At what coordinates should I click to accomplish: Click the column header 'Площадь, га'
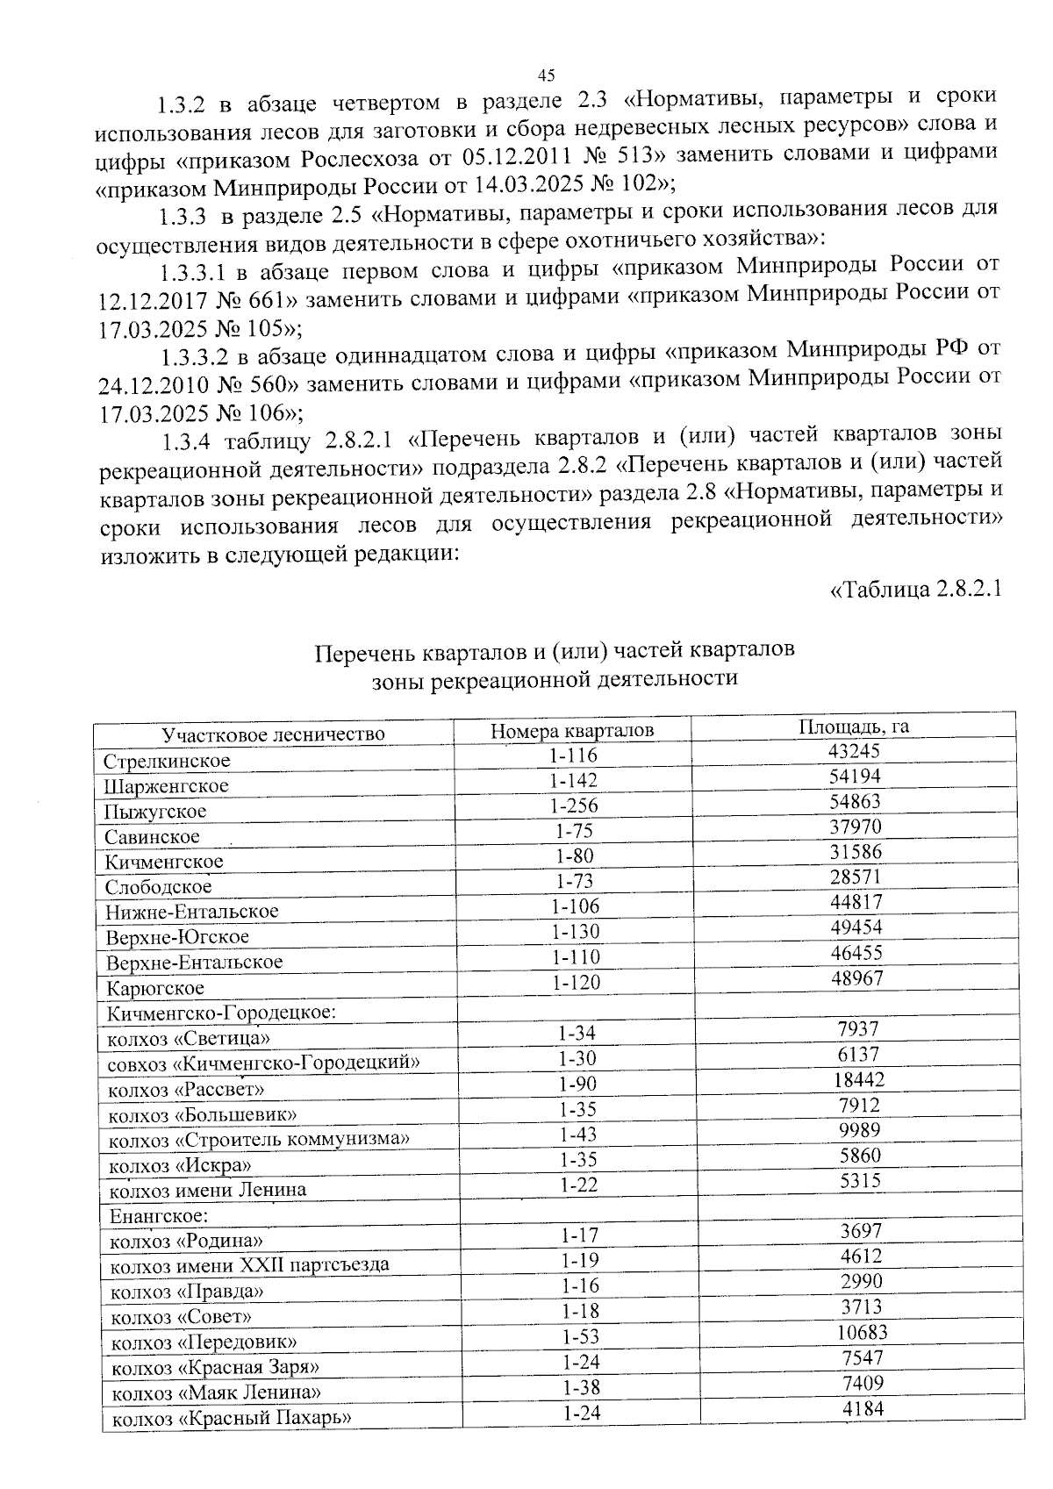[853, 727]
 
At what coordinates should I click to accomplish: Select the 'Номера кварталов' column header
[572, 730]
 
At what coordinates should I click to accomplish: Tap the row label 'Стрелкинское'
[167, 761]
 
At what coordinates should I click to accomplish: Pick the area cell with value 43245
[854, 752]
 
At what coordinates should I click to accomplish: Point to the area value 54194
[855, 777]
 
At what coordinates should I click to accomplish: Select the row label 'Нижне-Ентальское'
[192, 912]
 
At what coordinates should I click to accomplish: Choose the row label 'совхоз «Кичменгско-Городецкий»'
[263, 1063]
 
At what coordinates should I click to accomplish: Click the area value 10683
[861, 1332]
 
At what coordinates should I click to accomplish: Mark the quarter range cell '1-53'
[579, 1336]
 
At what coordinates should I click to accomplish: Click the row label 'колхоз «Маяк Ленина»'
[216, 1392]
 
